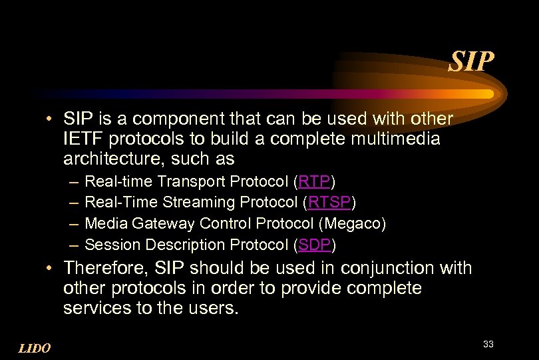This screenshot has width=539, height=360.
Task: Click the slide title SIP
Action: coord(472,62)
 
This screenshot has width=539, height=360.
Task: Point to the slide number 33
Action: coord(488,344)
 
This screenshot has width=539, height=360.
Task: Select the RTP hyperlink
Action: coord(315,181)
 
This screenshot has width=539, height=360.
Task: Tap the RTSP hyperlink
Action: coord(329,202)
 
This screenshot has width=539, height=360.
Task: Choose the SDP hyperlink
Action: coord(315,245)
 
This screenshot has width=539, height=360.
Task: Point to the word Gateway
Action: coord(163,223)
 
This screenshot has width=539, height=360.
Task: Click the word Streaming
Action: coord(194,202)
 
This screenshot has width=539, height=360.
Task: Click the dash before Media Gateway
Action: coord(72,223)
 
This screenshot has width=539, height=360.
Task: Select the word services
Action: coord(93,309)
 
